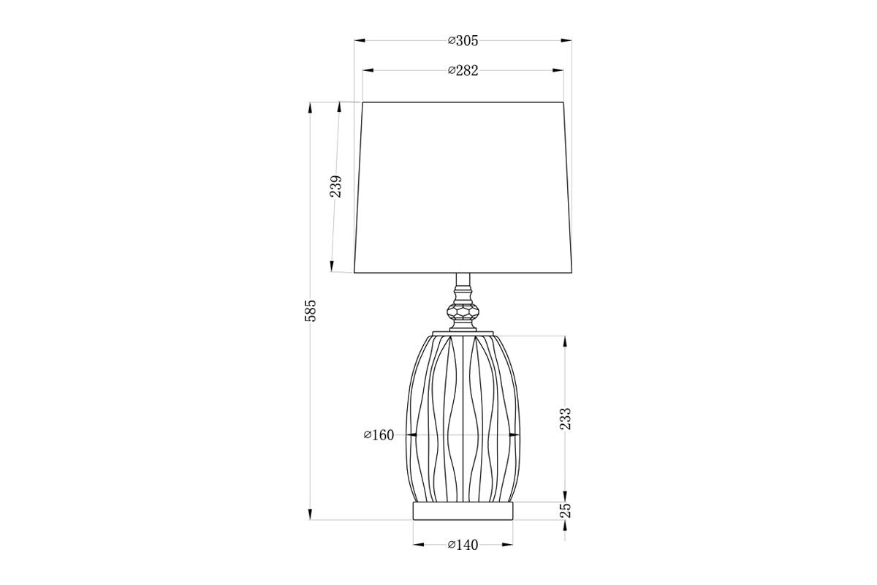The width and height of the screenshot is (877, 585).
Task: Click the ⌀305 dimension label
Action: tap(463, 41)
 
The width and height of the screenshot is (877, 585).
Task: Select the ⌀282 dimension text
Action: tap(463, 70)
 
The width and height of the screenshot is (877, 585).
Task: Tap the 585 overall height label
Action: tap(310, 311)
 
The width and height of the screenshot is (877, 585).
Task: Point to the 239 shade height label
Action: tap(335, 186)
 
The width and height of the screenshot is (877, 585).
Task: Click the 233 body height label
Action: tap(566, 419)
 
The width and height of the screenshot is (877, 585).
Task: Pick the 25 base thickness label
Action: tap(566, 510)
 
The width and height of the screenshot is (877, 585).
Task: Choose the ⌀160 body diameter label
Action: tap(379, 435)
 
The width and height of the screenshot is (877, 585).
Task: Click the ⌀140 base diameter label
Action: tap(463, 545)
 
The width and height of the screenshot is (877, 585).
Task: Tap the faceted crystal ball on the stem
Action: tap(463, 312)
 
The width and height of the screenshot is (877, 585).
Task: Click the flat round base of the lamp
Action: tap(463, 511)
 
